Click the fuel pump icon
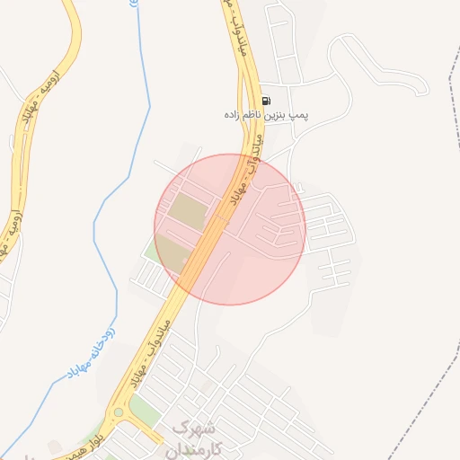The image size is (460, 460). pyautogui.click(x=265, y=101)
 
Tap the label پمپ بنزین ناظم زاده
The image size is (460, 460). pyautogui.click(x=267, y=115)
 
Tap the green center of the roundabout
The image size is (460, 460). pyautogui.click(x=118, y=412)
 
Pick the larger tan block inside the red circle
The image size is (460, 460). pyautogui.click(x=188, y=211)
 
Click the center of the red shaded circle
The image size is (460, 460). pyautogui.click(x=230, y=229)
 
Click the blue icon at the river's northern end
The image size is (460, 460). pyautogui.click(x=135, y=4)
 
